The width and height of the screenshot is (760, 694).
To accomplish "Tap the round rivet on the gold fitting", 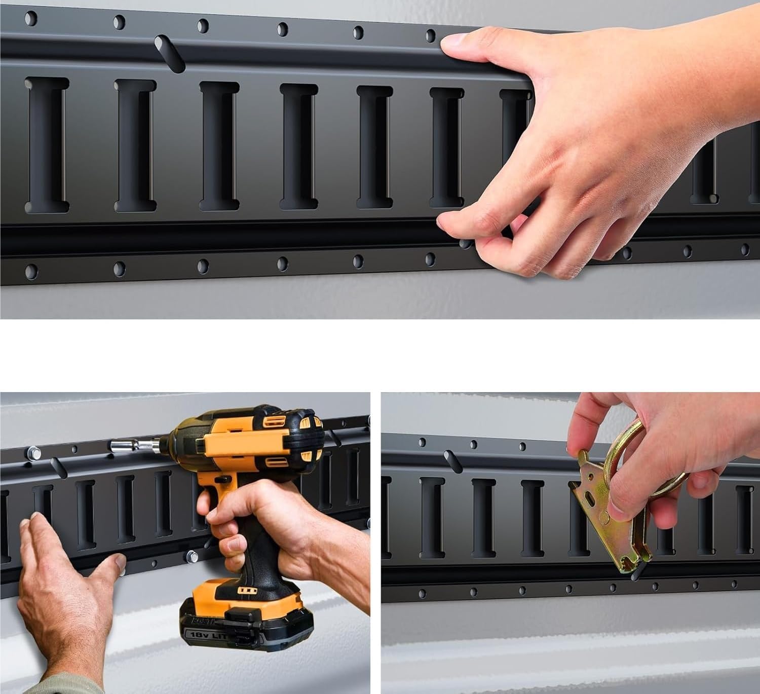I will tap(605, 518).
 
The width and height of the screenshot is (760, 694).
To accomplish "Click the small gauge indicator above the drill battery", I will tap(247, 591).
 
